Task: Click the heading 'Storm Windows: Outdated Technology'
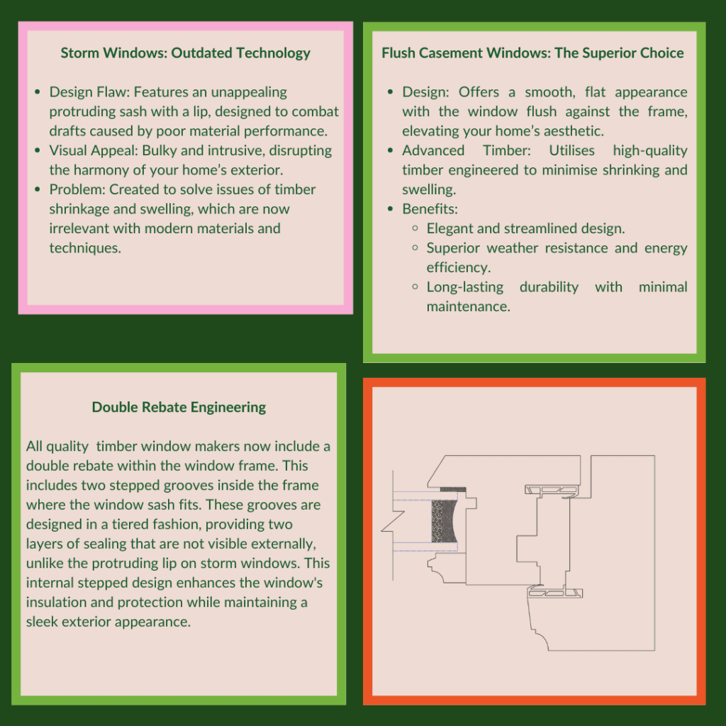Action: tap(185, 53)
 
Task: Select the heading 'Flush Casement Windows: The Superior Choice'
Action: tap(532, 53)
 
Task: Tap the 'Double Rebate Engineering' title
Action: tap(179, 407)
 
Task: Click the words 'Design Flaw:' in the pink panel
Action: tap(89, 92)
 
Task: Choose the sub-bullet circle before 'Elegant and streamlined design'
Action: tap(415, 229)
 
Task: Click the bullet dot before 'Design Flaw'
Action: tap(37, 92)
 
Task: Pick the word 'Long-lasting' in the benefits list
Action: tap(464, 287)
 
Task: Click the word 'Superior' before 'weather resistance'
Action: tap(454, 248)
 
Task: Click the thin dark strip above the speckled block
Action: tap(453, 490)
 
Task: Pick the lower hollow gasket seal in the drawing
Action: tap(556, 593)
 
